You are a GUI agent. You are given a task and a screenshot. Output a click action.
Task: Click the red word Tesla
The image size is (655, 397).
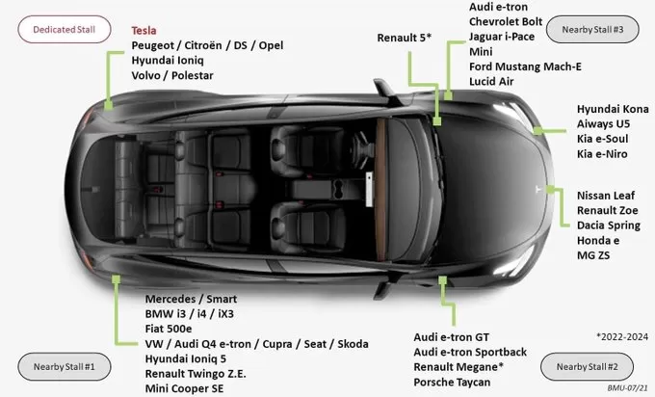coord(144,31)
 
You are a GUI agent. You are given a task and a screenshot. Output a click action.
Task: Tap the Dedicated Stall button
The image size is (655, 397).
coord(65,29)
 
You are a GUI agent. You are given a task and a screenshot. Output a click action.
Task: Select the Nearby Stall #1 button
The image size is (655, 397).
coord(65,366)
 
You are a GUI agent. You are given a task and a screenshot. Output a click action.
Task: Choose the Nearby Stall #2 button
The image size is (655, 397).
coord(587,366)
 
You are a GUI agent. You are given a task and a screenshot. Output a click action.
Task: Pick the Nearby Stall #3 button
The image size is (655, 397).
coord(592,29)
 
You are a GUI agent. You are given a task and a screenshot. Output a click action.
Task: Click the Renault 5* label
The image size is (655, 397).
coord(404,38)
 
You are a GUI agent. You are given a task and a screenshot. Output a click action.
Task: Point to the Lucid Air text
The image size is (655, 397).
coord(491,82)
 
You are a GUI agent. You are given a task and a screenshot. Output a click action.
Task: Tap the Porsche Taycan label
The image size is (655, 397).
coord(452,382)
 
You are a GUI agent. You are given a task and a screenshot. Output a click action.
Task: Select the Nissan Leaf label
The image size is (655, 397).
coord(606,196)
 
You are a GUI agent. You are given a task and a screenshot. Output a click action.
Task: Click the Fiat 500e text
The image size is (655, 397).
coord(169,329)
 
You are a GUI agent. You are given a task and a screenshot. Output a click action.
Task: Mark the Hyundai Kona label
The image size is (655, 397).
coord(613,109)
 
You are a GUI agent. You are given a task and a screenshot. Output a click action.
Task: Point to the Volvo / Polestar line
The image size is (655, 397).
coord(172,75)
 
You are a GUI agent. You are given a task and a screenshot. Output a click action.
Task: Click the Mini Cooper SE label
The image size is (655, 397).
coord(184,388)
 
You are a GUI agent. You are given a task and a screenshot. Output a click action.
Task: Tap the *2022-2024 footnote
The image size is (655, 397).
coord(622,337)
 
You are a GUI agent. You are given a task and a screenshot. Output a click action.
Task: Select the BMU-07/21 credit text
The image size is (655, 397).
coord(627,388)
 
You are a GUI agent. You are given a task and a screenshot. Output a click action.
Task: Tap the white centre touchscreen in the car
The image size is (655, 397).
coord(369,189)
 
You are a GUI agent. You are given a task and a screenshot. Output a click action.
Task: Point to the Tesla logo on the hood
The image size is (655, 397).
coord(538,189)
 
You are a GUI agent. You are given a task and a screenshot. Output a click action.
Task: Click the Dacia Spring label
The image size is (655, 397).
coord(609,225)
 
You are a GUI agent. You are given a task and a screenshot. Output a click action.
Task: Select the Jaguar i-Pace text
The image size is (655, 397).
coord(502,37)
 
